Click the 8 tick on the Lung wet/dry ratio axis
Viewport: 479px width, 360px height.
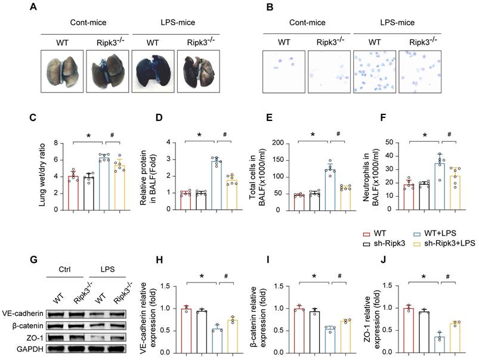pos(61,143)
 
